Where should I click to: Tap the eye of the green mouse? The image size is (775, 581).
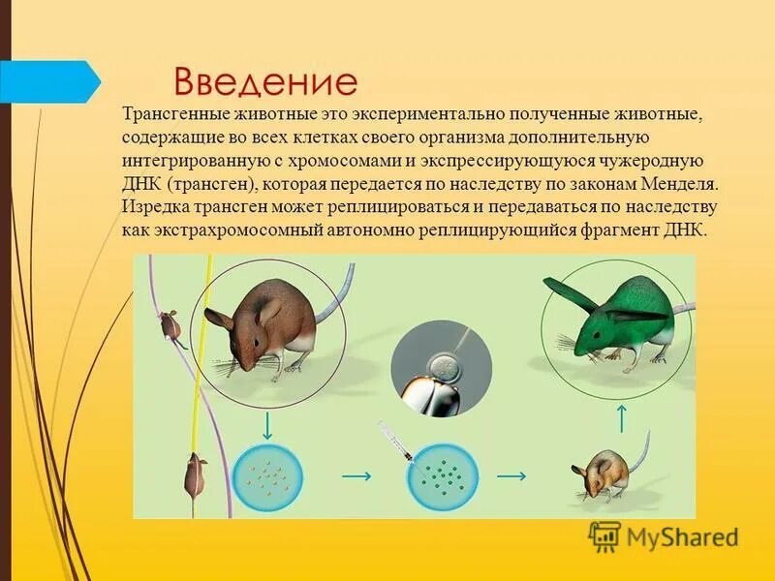593,334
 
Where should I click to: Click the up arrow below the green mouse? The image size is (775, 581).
622,417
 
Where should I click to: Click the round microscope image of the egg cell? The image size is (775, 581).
437,369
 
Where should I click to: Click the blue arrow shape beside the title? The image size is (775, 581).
48,81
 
